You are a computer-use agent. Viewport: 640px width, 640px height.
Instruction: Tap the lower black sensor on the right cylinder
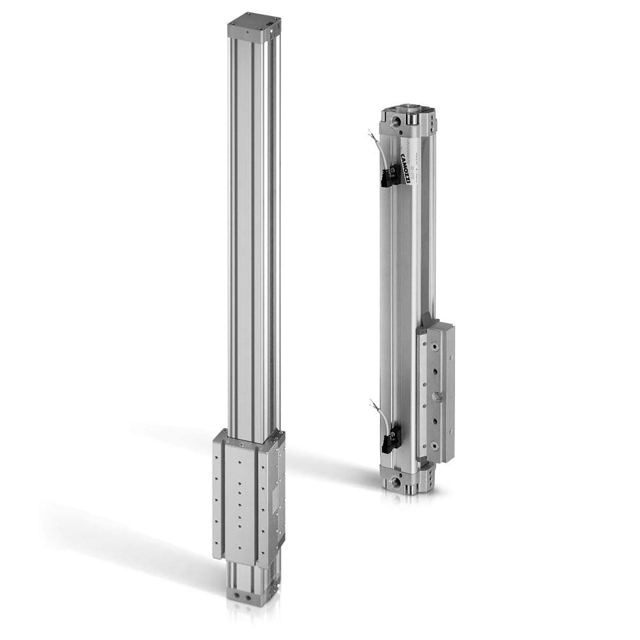(x=388, y=442)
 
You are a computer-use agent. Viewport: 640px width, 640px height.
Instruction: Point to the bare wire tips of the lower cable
(x=372, y=402)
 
